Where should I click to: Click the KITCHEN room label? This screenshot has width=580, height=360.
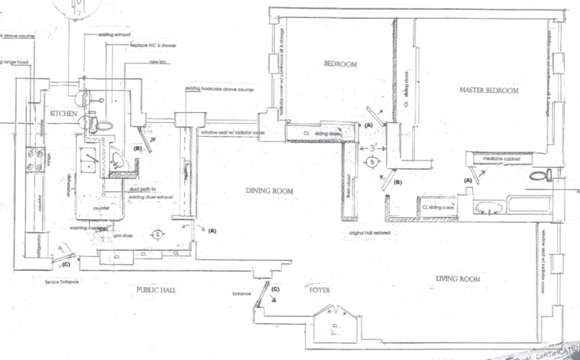63,114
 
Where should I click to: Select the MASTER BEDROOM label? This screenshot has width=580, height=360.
489,90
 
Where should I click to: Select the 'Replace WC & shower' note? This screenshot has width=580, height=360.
153,45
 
